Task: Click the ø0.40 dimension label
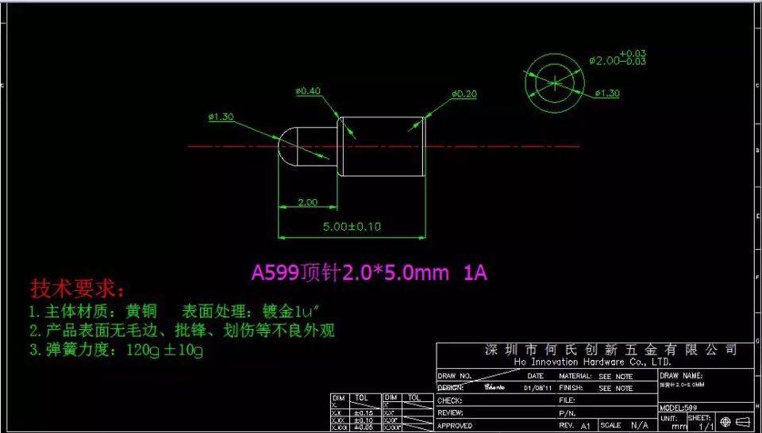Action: coord(308,91)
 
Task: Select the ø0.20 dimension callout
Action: coord(464,94)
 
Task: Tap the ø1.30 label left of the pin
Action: coord(221,117)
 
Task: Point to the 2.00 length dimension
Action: coord(307,202)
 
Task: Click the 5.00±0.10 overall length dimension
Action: coord(351,226)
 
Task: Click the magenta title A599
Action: coord(275,274)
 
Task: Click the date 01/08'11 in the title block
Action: coord(538,389)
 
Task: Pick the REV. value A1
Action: coord(586,426)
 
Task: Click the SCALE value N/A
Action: coord(639,426)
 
